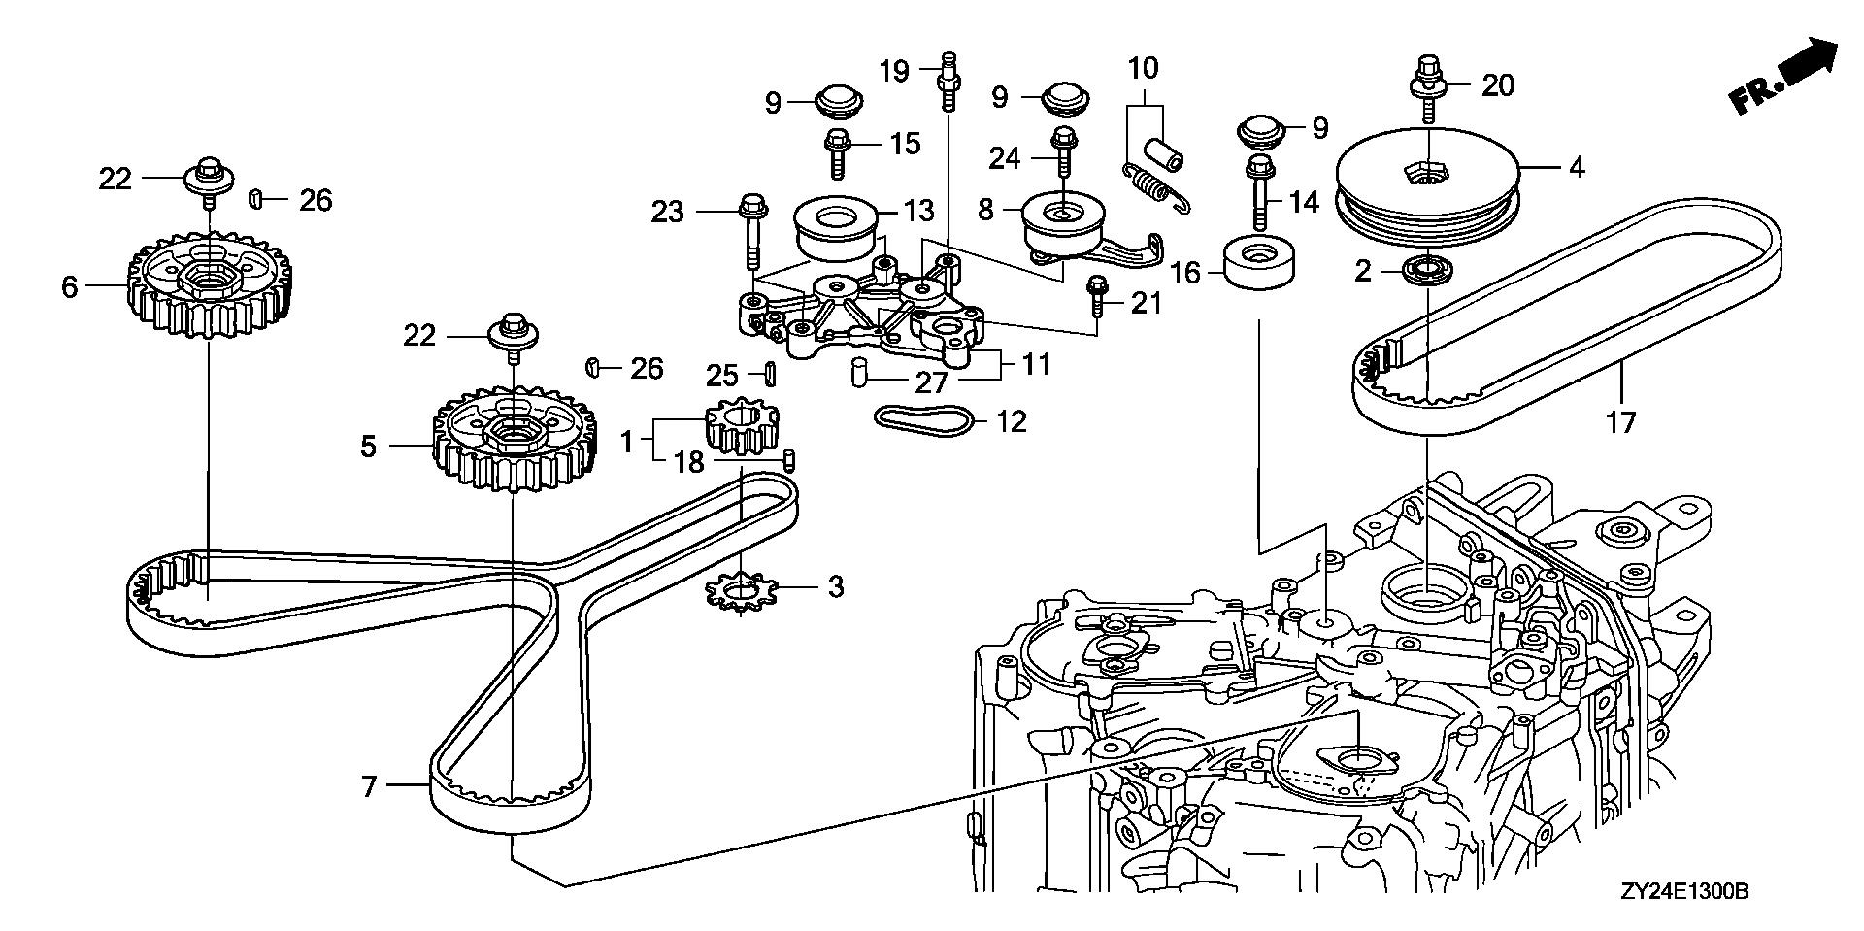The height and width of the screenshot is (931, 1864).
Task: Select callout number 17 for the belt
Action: tap(1620, 421)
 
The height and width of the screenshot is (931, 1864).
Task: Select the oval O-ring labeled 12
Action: tap(923, 420)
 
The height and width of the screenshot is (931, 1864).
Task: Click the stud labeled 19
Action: tap(947, 87)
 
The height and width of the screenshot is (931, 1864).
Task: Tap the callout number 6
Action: tap(69, 286)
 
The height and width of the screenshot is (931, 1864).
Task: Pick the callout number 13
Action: tap(918, 210)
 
